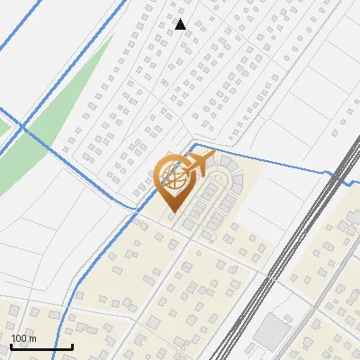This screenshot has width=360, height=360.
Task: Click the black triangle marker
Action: click(181, 24)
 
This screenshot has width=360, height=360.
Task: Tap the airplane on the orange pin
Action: click(198, 165)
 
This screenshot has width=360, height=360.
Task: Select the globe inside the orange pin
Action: click(174, 179)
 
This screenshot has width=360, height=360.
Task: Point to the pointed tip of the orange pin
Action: click(172, 212)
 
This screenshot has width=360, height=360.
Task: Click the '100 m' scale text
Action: click(23, 338)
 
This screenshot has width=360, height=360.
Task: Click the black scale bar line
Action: click(41, 346)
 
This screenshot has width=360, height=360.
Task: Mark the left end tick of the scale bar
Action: click(11, 345)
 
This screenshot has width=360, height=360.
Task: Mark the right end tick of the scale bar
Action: click(72, 345)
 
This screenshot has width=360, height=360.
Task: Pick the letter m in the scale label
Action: click(31, 338)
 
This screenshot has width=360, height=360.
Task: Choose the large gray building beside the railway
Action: click(271, 331)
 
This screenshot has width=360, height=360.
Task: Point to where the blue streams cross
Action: click(22, 127)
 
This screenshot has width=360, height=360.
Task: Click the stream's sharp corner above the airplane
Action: click(195, 144)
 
